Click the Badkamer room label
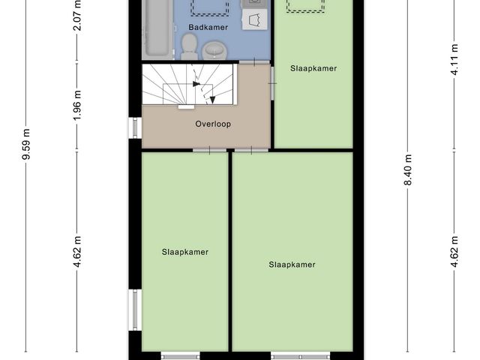pyautogui.click(x=208, y=27)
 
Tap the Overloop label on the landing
pyautogui.click(x=213, y=124)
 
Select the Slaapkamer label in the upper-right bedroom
pyautogui.click(x=313, y=68)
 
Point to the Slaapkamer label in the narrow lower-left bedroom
pyautogui.click(x=185, y=252)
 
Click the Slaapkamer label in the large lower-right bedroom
pyautogui.click(x=292, y=265)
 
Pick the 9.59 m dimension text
pyautogui.click(x=27, y=144)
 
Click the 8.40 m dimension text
pyautogui.click(x=408, y=170)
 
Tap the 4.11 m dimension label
pyautogui.click(x=454, y=60)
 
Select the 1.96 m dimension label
pyautogui.click(x=77, y=105)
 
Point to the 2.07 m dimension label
pyautogui.click(x=77, y=15)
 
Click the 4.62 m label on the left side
pyautogui.click(x=77, y=252)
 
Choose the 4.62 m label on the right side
pyautogui.click(x=454, y=252)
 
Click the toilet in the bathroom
pyautogui.click(x=189, y=46)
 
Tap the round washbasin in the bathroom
pyautogui.click(x=214, y=50)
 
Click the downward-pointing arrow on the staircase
pyautogui.click(x=212, y=100)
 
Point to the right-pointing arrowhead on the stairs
pyautogui.click(x=196, y=83)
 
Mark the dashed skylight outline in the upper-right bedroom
pyautogui.click(x=305, y=6)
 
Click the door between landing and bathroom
pyautogui.click(x=254, y=62)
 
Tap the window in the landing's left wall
pyautogui.click(x=135, y=127)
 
